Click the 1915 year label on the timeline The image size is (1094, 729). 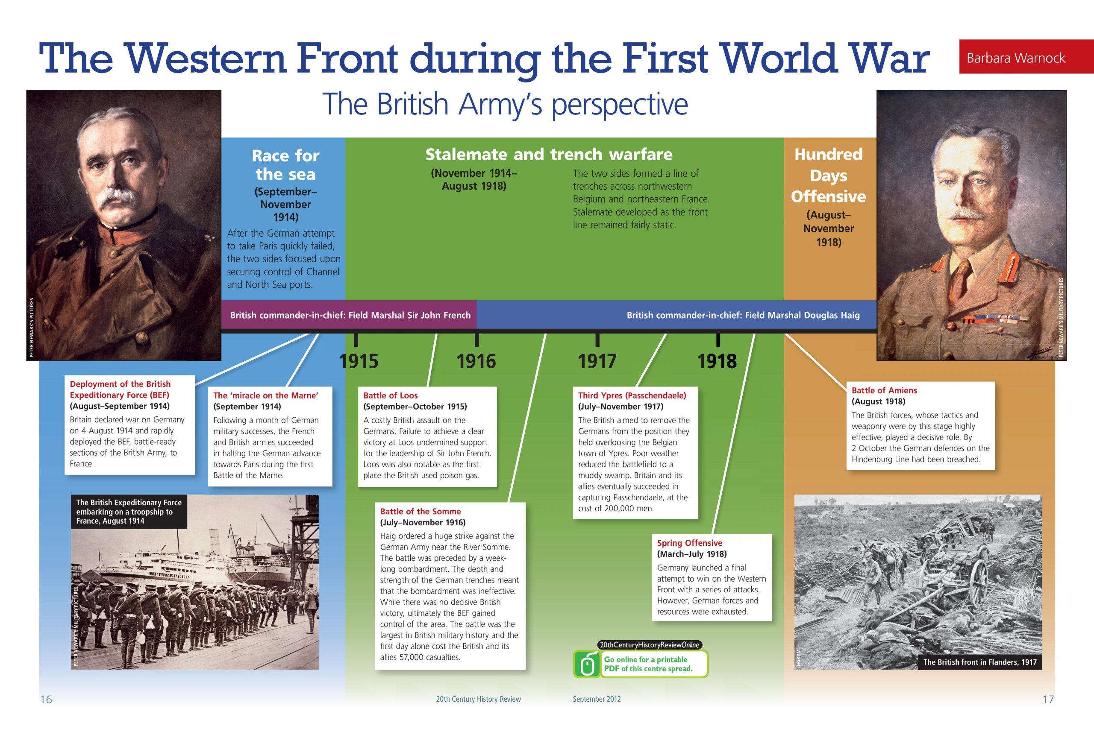359,361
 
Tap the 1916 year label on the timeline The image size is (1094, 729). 476,361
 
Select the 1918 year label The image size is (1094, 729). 717,361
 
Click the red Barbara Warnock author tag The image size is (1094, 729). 1026,57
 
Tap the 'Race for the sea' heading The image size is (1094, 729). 285,164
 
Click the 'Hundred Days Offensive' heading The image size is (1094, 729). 829,175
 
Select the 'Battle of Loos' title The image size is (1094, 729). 390,395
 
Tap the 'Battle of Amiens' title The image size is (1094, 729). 884,390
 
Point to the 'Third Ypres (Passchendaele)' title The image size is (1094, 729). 632,395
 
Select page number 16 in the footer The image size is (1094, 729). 46,699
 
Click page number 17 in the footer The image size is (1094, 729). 1048,699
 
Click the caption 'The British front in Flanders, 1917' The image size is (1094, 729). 980,662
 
